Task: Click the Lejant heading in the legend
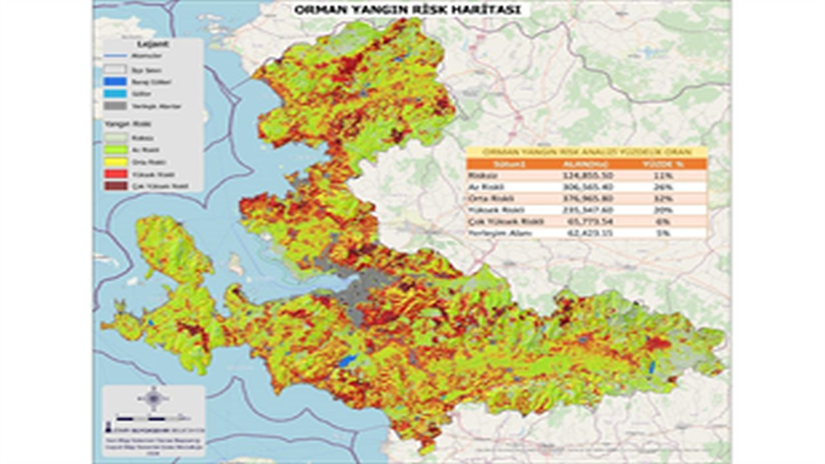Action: tap(153, 44)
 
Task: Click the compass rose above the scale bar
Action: tap(153, 398)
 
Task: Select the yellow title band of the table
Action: tap(587, 151)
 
